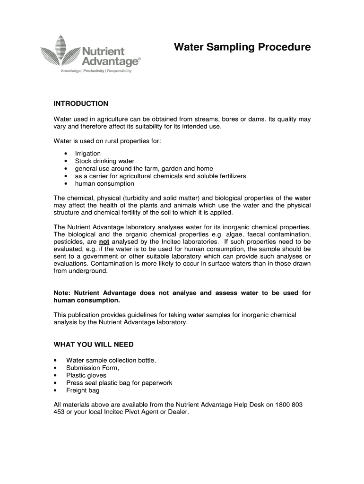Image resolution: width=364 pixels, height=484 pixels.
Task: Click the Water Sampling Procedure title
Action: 242,47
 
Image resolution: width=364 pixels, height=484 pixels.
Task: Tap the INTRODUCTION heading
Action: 81,104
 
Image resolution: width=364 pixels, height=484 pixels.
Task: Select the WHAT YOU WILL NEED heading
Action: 94,345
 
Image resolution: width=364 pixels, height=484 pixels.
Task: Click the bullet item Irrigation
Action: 88,154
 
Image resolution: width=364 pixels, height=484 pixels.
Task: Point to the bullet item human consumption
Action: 104,184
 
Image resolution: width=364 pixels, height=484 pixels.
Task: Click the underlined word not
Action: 104,242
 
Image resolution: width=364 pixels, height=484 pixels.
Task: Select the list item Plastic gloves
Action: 86,375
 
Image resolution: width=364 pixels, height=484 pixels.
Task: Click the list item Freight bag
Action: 83,390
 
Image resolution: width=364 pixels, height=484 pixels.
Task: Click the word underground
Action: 88,272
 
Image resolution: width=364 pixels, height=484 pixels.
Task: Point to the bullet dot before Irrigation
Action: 65,154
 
